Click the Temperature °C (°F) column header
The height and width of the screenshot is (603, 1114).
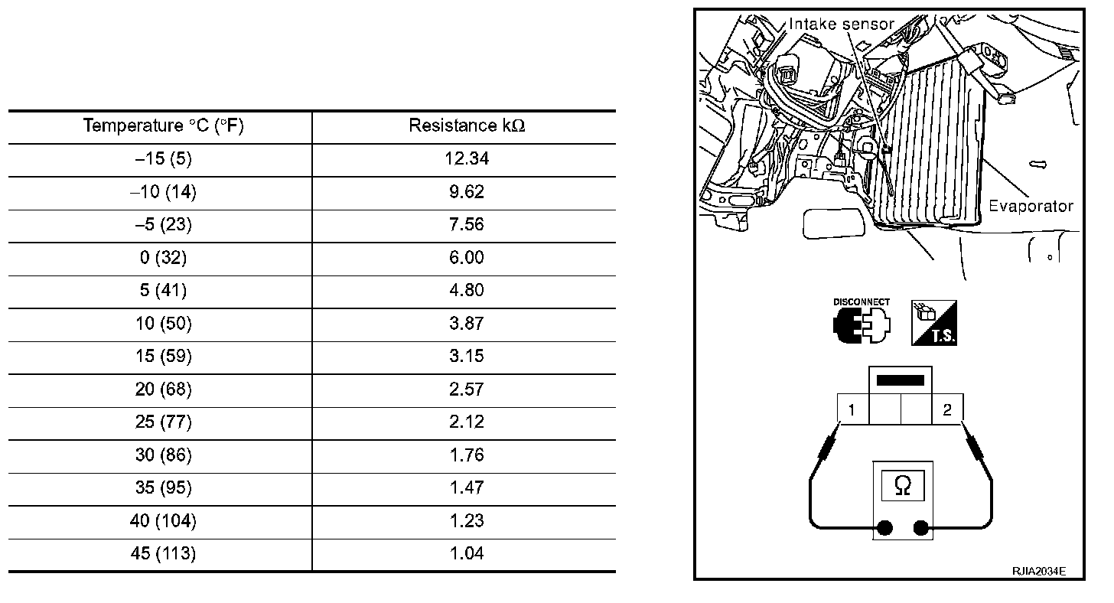tap(163, 125)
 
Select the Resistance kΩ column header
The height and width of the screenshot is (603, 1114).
tap(467, 125)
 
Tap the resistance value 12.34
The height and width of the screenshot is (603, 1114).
tap(467, 158)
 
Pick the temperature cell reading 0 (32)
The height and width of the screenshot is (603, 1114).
tap(163, 258)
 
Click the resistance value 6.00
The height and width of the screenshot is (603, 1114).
tap(467, 257)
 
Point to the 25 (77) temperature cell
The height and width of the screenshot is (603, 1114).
tap(163, 422)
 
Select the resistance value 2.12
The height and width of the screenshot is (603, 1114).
tap(467, 422)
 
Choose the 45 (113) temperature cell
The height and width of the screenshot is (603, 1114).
tap(163, 553)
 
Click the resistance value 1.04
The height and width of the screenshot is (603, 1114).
tap(467, 553)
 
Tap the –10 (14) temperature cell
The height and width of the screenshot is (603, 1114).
tap(163, 192)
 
